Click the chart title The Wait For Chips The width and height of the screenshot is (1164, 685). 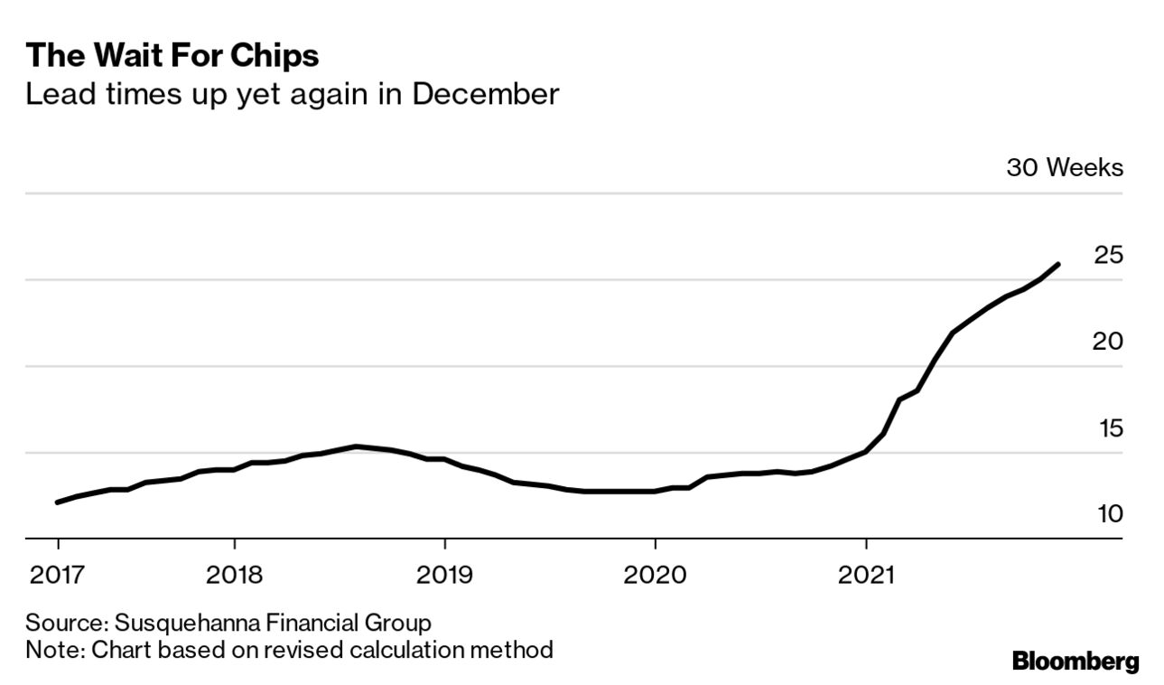(x=172, y=56)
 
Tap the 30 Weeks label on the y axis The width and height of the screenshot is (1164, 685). (x=1065, y=168)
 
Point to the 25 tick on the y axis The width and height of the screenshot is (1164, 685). (x=1108, y=255)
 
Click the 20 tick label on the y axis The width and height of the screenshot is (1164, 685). (x=1108, y=342)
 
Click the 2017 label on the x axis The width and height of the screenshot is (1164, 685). (x=57, y=575)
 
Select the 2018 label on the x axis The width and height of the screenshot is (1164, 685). (x=234, y=575)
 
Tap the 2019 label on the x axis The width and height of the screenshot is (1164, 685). (x=444, y=575)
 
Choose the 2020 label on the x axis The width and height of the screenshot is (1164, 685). (x=655, y=575)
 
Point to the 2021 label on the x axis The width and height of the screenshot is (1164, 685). (x=866, y=575)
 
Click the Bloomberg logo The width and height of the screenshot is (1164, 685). (x=1076, y=661)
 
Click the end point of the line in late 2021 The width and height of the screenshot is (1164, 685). (x=1057, y=264)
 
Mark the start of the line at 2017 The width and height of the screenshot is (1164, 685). (x=58, y=502)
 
